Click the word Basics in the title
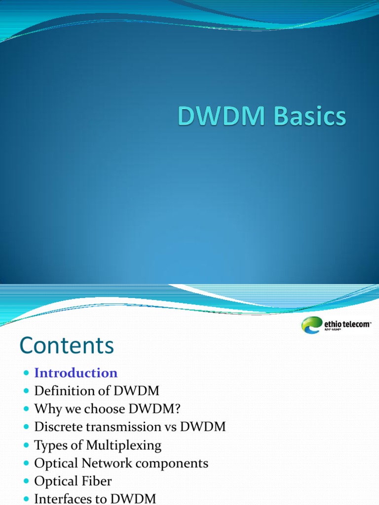(x=306, y=118)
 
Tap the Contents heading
(x=67, y=346)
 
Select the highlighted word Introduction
(x=76, y=373)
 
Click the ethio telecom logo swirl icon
(x=311, y=325)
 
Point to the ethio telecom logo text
(x=346, y=325)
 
